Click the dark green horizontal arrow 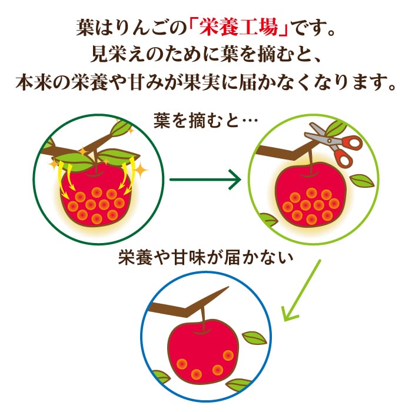(x=205, y=177)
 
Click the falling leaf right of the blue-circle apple (x=254, y=337)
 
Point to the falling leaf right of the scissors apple (x=361, y=181)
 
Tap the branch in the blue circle (x=182, y=307)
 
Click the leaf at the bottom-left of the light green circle (x=268, y=221)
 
